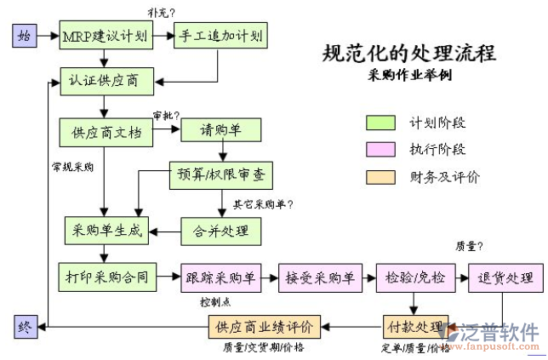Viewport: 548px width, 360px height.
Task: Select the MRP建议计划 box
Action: [x=105, y=37]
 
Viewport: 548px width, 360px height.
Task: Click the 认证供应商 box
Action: [x=105, y=83]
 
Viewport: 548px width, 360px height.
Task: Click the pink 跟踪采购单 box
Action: [x=220, y=277]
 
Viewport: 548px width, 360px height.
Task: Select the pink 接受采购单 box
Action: [x=318, y=277]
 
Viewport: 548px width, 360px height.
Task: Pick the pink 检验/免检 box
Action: [x=415, y=277]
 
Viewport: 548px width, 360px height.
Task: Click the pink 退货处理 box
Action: [x=505, y=277]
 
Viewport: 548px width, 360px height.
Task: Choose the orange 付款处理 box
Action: [x=415, y=327]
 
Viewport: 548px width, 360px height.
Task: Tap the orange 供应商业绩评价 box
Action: [x=264, y=327]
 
